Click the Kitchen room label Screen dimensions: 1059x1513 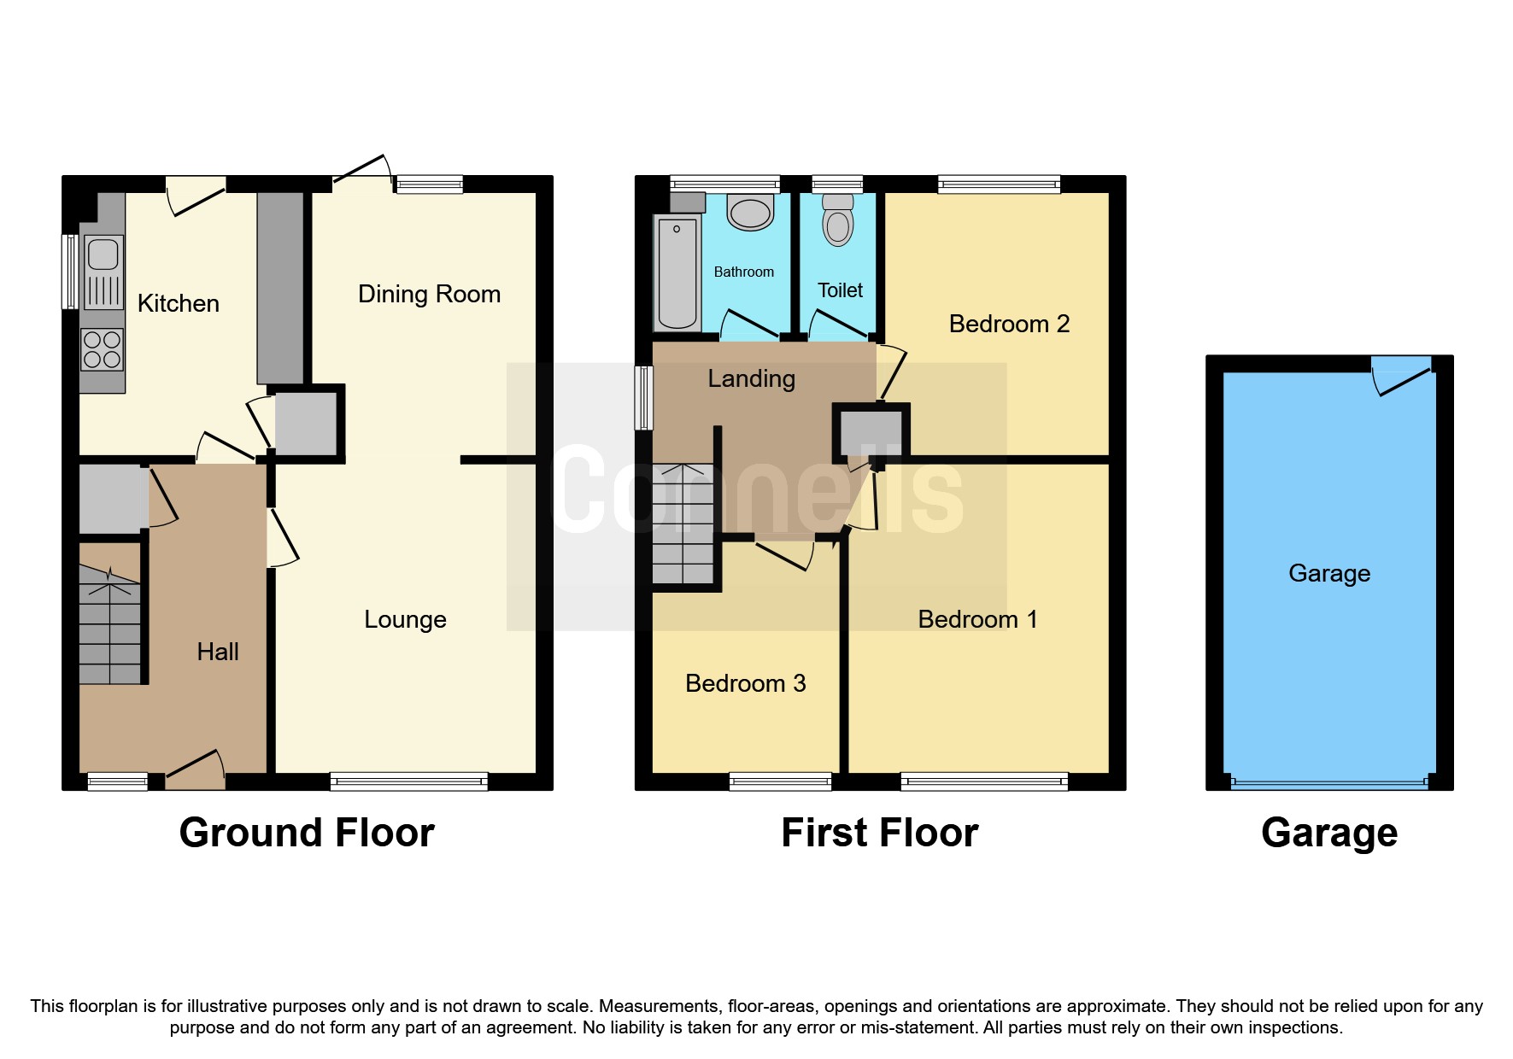(178, 303)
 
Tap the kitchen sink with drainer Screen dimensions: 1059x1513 (103, 273)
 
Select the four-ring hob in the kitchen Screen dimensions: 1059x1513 (103, 350)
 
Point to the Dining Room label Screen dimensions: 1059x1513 (429, 294)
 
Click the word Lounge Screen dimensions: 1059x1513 (405, 619)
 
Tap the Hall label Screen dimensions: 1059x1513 (218, 652)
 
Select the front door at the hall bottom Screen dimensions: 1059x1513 (195, 769)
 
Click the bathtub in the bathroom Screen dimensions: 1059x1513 (677, 272)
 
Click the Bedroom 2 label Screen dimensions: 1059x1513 (1009, 324)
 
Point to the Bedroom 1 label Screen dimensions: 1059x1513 (977, 619)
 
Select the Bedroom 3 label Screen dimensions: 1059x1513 (745, 683)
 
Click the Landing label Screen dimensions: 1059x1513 (751, 378)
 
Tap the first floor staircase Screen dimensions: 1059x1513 (683, 525)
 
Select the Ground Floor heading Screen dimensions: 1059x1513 (307, 833)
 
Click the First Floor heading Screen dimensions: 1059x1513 (879, 833)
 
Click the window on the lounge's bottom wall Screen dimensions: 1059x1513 (408, 781)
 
